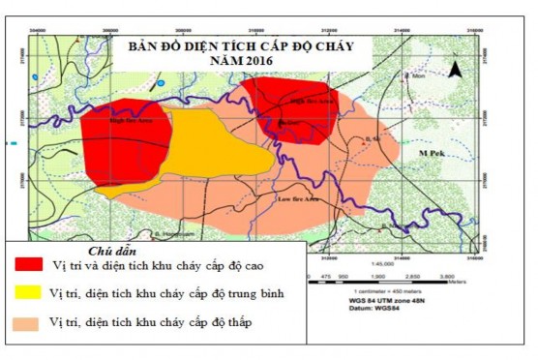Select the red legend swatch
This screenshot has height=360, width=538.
(x=29, y=264)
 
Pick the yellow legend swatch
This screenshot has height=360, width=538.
(x=29, y=292)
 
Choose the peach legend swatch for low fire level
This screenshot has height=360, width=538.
(x=29, y=322)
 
